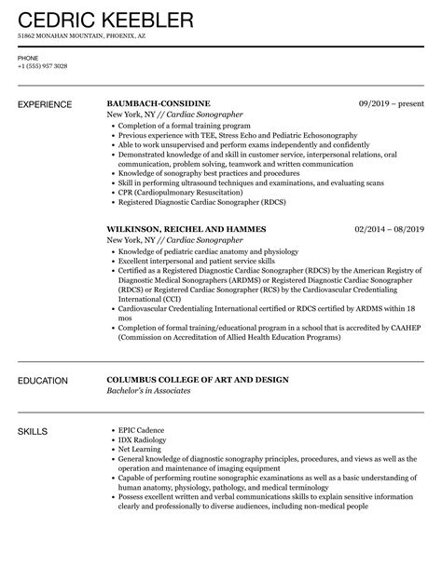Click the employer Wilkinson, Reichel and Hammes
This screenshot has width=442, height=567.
pyautogui.click(x=186, y=229)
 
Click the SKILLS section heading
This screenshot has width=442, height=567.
pyautogui.click(x=35, y=430)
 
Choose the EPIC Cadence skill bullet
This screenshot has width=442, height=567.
pyautogui.click(x=140, y=430)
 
